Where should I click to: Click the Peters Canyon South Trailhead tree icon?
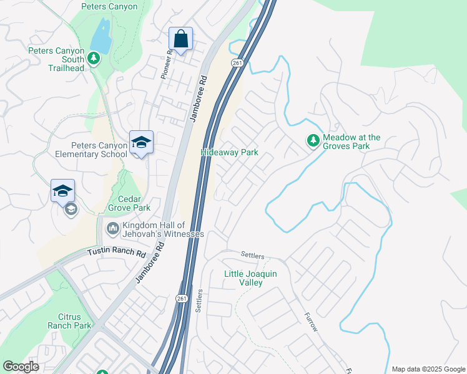[x=94, y=58]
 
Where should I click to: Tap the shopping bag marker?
[x=180, y=39]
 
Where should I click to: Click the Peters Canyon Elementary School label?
[x=91, y=150]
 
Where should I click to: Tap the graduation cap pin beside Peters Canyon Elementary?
[x=141, y=143]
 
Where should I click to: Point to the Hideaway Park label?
[x=229, y=152]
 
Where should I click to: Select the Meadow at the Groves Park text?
[x=351, y=141]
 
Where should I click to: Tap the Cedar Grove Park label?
[x=129, y=203]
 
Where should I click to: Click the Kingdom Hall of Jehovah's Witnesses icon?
[x=113, y=229]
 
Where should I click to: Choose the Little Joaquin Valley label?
[x=251, y=278]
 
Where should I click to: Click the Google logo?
[x=21, y=367]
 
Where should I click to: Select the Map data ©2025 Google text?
[x=428, y=369]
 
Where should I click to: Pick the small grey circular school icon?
[x=71, y=209]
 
